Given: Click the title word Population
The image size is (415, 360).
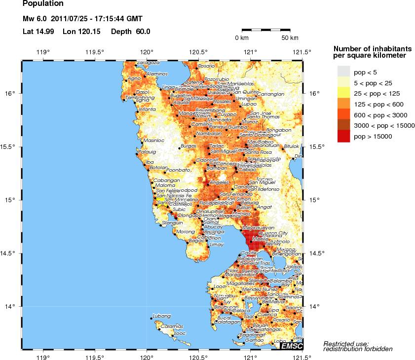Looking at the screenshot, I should pyautogui.click(x=43, y=4).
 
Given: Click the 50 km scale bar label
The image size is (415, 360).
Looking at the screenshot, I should pyautogui.click(x=290, y=38).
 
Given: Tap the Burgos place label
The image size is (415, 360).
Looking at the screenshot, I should pyautogui.click(x=189, y=146).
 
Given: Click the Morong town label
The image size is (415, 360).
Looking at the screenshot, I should pyautogui.click(x=186, y=232).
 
